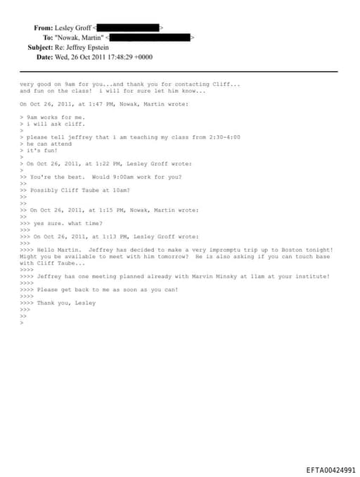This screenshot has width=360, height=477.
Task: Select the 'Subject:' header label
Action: pyautogui.click(x=40, y=47)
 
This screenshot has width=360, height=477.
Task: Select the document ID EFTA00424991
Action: pyautogui.click(x=330, y=469)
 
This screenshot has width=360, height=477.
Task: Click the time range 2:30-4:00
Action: pyautogui.click(x=223, y=137)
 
